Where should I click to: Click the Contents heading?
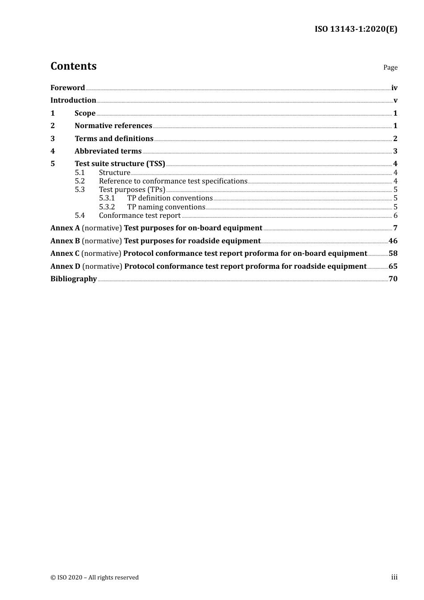73,66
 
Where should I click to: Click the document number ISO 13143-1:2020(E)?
356,29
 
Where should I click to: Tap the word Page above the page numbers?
390,67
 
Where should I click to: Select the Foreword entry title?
67,87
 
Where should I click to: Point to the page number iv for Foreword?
394,87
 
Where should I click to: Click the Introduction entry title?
73,100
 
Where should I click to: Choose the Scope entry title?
85,113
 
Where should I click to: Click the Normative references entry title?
113,125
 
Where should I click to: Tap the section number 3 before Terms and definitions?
53,138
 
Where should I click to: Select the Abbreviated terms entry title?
108,151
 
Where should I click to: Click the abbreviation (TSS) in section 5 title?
156,163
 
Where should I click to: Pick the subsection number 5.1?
79,172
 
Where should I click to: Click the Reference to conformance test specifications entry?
173,181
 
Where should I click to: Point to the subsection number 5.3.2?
107,207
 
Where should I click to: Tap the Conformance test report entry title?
140,215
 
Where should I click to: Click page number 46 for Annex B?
393,241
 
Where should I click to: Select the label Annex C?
65,253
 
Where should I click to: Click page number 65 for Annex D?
393,266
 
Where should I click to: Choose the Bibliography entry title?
74,279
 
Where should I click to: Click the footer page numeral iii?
394,577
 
